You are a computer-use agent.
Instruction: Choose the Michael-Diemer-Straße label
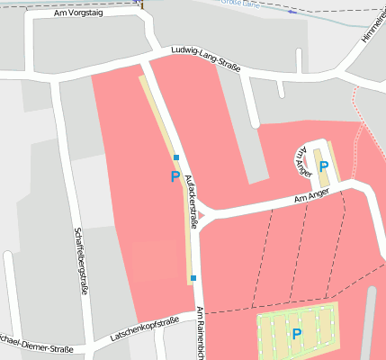(x=36, y=346)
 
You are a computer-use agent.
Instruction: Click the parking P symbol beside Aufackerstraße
(x=175, y=176)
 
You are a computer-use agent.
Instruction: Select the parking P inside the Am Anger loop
(x=324, y=167)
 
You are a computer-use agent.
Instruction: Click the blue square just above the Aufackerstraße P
(x=176, y=157)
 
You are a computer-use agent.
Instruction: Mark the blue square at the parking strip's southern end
(x=193, y=278)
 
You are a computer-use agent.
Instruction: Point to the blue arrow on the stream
(x=292, y=12)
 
